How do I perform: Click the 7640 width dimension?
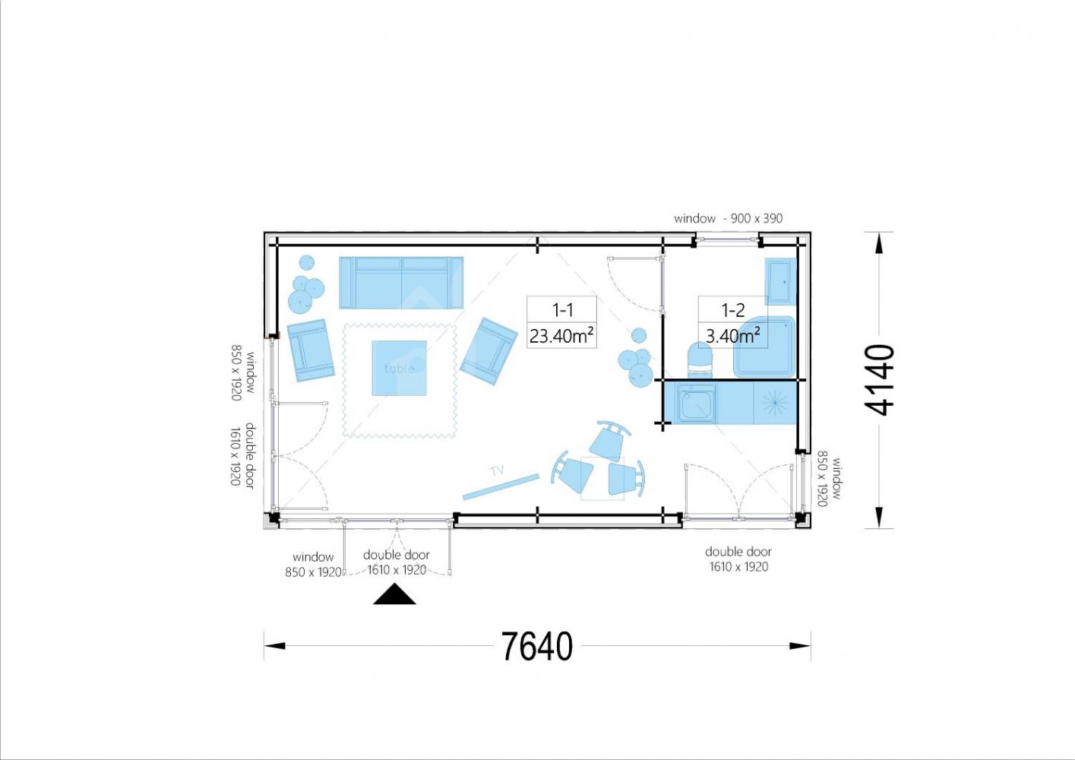point(537,646)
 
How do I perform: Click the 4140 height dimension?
point(879,380)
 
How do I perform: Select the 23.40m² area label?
point(561,336)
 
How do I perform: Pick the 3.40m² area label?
point(733,336)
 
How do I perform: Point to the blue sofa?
point(401,283)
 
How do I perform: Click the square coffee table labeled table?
point(400,369)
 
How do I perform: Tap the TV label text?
point(498,471)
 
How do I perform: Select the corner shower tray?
point(764,347)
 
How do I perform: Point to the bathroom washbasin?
point(780,282)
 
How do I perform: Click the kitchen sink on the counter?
point(697,403)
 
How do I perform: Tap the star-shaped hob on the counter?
point(775,402)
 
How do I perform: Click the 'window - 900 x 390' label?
point(728,218)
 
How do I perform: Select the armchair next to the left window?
point(311,350)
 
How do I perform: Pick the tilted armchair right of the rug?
point(488,351)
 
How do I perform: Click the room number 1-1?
point(562,310)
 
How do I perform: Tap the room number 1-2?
point(733,310)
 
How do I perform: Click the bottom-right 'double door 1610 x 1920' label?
point(738,559)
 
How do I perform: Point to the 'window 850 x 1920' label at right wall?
point(830,478)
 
